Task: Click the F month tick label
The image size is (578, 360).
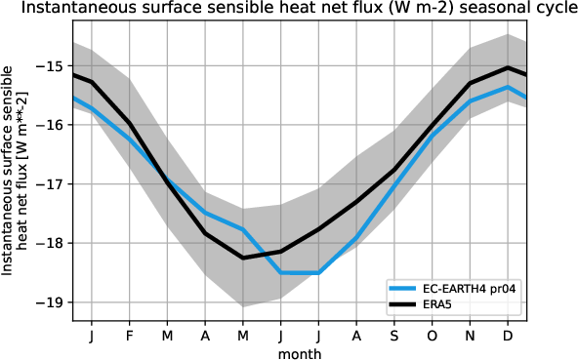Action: [x=129, y=335]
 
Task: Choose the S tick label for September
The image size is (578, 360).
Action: [x=393, y=335]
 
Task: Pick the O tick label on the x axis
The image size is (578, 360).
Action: [x=432, y=335]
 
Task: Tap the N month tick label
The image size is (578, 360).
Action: [x=470, y=335]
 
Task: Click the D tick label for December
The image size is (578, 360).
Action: [x=508, y=335]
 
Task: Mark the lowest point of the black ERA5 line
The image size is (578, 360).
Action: [x=243, y=258]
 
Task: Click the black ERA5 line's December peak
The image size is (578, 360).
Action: [x=508, y=67]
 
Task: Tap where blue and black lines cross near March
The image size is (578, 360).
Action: [x=165, y=180]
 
